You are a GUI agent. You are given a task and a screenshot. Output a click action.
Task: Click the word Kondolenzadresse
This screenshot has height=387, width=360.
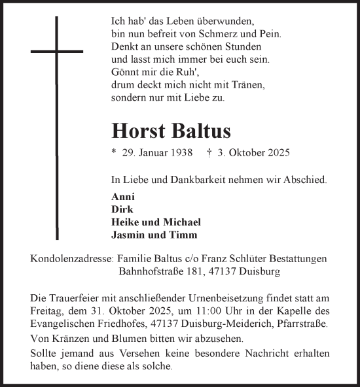pyautogui.click(x=71, y=259)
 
